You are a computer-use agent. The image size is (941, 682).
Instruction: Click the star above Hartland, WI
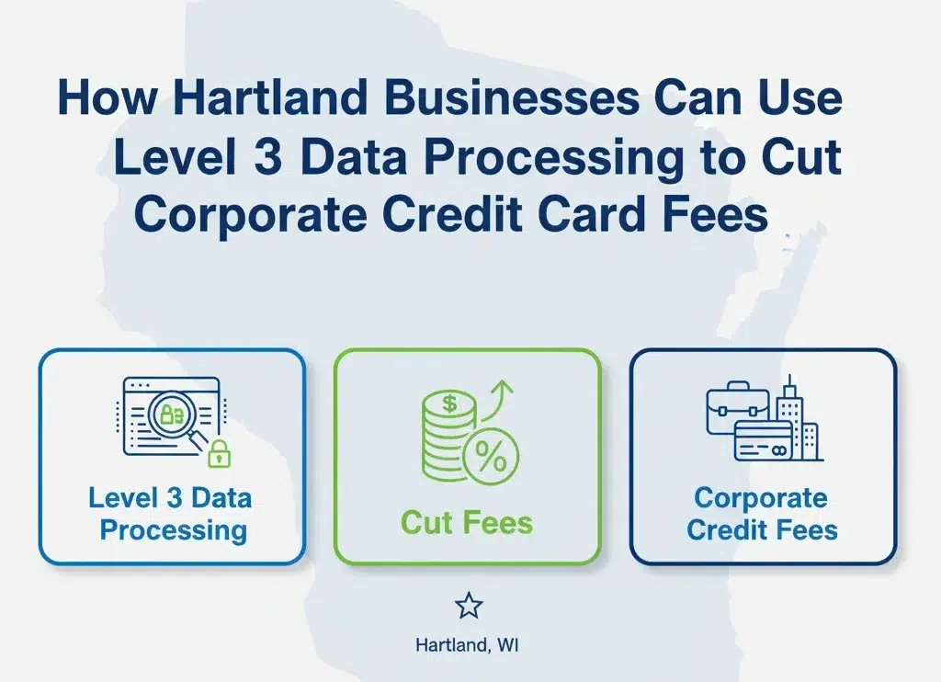tap(469, 605)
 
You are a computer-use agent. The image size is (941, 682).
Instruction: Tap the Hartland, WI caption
tap(469, 644)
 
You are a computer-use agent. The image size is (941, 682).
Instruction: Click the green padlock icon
tap(218, 452)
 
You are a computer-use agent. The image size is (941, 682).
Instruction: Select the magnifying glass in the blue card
tap(178, 418)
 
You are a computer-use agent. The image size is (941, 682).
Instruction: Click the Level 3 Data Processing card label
tap(171, 514)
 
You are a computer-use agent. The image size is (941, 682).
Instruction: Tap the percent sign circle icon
tap(490, 457)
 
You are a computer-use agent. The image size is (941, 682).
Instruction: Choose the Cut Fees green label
tap(467, 523)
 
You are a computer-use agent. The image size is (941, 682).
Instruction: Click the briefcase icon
tap(737, 407)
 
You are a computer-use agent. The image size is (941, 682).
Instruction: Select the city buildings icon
tap(797, 418)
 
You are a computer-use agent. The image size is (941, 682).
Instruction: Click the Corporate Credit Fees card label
tap(762, 514)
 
